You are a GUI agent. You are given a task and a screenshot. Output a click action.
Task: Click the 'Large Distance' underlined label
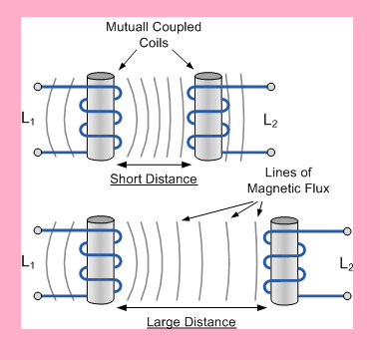190,322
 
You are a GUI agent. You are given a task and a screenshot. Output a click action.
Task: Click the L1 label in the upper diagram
27,120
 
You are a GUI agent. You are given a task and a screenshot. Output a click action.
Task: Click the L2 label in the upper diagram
270,121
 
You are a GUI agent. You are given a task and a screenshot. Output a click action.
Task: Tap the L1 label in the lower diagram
27,264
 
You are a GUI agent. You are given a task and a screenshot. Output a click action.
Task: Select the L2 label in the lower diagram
346,264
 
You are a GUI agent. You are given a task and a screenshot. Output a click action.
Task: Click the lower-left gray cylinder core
104,261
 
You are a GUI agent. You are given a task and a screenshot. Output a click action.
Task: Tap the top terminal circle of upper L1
38,87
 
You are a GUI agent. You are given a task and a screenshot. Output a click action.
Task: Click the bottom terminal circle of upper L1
38,153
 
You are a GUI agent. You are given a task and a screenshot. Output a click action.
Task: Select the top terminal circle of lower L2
347,231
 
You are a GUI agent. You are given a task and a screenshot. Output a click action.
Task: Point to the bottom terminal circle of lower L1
38,295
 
